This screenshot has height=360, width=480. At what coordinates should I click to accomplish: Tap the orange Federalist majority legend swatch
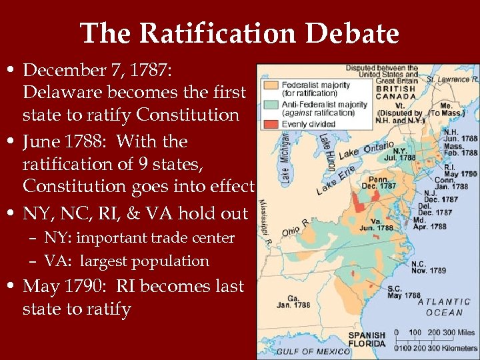270,85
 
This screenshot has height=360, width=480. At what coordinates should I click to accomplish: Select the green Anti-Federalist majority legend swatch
270,105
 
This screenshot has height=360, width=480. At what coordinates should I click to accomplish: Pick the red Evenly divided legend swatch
270,123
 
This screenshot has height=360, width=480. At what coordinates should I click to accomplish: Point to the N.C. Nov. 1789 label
427,266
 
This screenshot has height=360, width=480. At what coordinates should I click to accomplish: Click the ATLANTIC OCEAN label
444,307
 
